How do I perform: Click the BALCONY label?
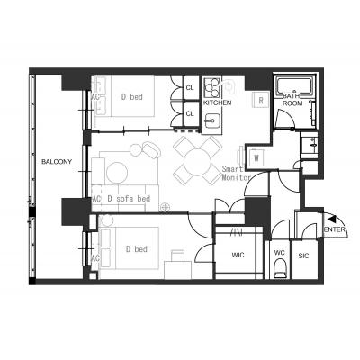tap(57, 162)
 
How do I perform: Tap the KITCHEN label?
tap(218, 103)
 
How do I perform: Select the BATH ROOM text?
tap(292, 100)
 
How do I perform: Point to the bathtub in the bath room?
tap(295, 85)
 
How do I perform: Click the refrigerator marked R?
tap(261, 101)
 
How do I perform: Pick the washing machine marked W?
tap(256, 157)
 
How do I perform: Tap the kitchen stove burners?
tap(212, 87)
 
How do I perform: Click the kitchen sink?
tap(212, 121)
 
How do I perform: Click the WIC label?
tap(238, 256)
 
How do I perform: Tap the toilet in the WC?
tap(281, 268)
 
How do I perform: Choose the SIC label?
tap(303, 256)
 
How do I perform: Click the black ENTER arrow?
tap(332, 219)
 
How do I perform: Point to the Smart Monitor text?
tap(236, 173)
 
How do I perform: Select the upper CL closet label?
tap(190, 88)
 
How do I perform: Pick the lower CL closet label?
tap(190, 113)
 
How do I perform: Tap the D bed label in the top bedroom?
tap(132, 97)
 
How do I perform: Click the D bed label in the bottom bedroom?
tap(137, 249)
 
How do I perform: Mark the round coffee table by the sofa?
tap(117, 173)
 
